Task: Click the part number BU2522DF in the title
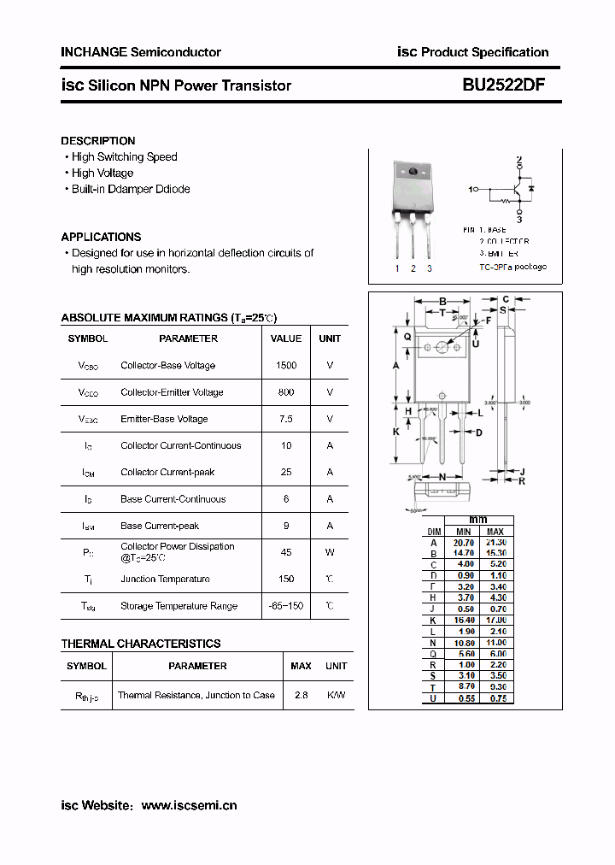(x=505, y=85)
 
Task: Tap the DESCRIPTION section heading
(x=98, y=141)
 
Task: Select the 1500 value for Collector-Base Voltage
(x=286, y=366)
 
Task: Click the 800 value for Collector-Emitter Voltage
(x=286, y=392)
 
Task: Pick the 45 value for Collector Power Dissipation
(x=286, y=552)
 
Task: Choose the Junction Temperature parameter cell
(x=165, y=579)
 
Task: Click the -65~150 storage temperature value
(x=286, y=606)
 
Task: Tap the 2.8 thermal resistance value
(x=301, y=695)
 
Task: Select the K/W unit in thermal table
(x=337, y=695)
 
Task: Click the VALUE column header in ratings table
(x=286, y=338)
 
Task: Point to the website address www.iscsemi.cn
(x=189, y=805)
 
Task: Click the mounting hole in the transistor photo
(x=413, y=173)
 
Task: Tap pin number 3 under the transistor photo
(x=429, y=268)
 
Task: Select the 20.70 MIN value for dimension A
(x=464, y=543)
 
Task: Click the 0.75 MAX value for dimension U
(x=496, y=698)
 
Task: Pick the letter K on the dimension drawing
(x=396, y=432)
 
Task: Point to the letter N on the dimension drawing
(x=442, y=477)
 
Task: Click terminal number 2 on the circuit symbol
(x=518, y=160)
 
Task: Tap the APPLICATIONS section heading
(x=101, y=237)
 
